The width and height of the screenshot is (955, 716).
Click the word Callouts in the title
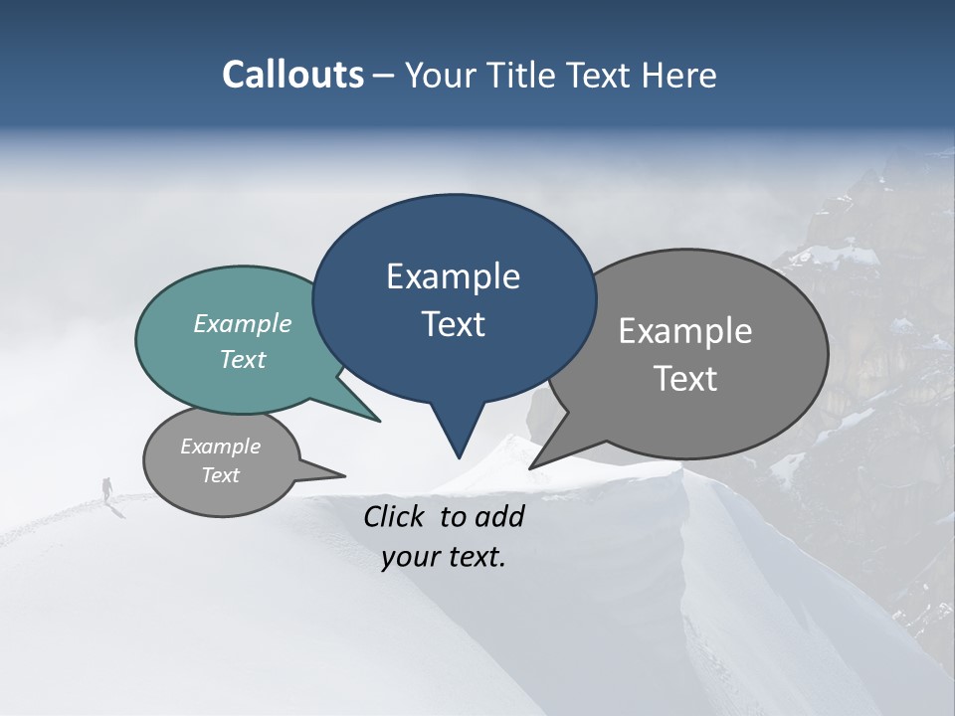tap(292, 75)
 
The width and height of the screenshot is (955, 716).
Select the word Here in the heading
tap(678, 75)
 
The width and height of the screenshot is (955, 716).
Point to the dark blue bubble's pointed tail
tap(458, 438)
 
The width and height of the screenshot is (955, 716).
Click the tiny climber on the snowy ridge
tap(107, 487)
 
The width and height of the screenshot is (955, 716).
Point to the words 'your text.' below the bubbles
tap(444, 557)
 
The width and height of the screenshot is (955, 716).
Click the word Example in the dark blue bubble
tap(453, 276)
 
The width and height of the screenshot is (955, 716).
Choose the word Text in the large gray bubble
tap(685, 378)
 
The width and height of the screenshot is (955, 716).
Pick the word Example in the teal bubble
tap(243, 323)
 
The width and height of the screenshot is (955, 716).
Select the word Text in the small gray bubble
tap(221, 475)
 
